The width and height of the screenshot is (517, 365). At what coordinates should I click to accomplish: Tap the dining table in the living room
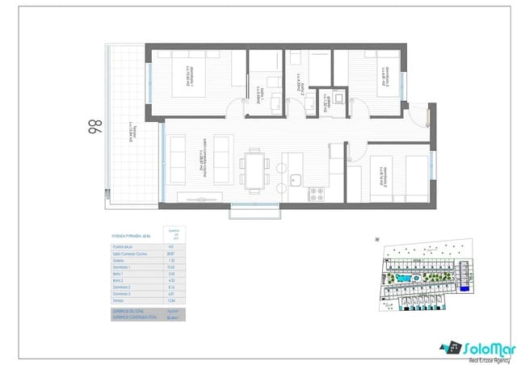coord(255,169)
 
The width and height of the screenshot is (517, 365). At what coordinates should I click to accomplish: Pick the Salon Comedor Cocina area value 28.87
coord(170,254)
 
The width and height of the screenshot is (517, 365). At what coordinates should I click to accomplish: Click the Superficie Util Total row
coord(130,311)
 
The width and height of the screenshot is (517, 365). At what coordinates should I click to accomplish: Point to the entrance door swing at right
coord(422,116)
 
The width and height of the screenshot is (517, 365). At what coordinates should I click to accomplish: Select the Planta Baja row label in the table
coord(121,246)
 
